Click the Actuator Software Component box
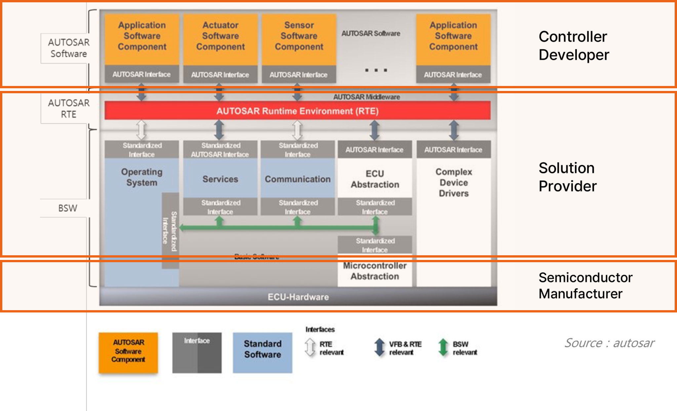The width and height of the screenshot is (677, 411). click(220, 39)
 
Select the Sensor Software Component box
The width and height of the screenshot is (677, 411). click(299, 39)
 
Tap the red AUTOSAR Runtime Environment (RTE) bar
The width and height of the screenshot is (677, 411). click(298, 111)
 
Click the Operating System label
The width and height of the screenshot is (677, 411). click(142, 177)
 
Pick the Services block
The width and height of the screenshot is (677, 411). click(220, 179)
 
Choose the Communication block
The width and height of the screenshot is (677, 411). click(298, 179)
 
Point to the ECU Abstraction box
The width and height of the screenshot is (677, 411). click(375, 179)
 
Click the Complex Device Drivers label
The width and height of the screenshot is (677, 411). click(454, 183)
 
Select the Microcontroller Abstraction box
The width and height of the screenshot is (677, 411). click(375, 271)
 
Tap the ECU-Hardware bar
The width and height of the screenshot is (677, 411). click(298, 297)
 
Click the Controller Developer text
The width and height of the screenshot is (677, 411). click(574, 46)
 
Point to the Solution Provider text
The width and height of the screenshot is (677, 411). click(568, 177)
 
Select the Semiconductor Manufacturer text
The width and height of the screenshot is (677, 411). click(585, 285)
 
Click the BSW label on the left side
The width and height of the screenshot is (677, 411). click(68, 208)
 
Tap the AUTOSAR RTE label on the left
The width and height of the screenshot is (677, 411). click(69, 108)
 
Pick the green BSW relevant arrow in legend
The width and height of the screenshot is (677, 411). click(443, 348)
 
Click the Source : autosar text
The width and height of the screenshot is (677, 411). click(609, 343)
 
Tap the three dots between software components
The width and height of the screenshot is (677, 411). click(376, 70)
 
